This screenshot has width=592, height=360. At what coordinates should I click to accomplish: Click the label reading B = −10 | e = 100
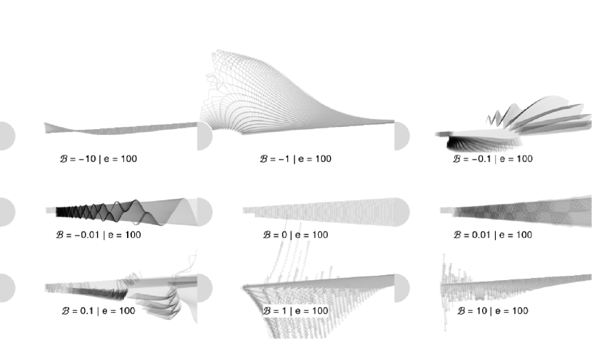point(98,159)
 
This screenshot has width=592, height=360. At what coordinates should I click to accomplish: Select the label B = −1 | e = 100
point(295,159)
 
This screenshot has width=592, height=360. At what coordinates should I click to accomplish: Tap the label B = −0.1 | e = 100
point(493,159)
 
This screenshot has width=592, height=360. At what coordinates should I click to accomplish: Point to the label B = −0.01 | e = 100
point(98,235)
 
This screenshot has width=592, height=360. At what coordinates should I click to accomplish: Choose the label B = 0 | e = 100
point(295,235)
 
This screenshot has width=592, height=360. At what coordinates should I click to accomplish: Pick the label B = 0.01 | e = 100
point(493,235)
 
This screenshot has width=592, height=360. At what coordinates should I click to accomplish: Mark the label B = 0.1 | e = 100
point(98,311)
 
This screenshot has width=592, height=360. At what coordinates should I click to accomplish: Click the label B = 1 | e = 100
point(295,311)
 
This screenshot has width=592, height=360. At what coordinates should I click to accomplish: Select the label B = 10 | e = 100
point(493,311)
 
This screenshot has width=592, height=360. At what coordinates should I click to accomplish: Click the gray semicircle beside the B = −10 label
point(6,136)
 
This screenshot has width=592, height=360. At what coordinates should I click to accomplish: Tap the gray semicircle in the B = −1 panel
point(204,136)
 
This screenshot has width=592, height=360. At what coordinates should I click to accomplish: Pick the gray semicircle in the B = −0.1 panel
point(402,136)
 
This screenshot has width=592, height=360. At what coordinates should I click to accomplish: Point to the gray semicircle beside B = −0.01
point(6,212)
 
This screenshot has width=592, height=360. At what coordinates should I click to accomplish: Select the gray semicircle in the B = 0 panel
point(204,212)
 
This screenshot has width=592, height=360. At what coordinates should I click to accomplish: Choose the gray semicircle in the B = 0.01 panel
point(402,212)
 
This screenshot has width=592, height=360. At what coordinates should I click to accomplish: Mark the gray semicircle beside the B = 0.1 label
point(6,288)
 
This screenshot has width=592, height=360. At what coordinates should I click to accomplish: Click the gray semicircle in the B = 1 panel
point(204,288)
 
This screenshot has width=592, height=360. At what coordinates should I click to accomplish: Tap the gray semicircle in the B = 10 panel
point(402,288)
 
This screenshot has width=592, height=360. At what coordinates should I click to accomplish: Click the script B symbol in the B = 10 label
point(461,311)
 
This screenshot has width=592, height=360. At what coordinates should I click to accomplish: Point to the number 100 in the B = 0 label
point(319,235)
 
